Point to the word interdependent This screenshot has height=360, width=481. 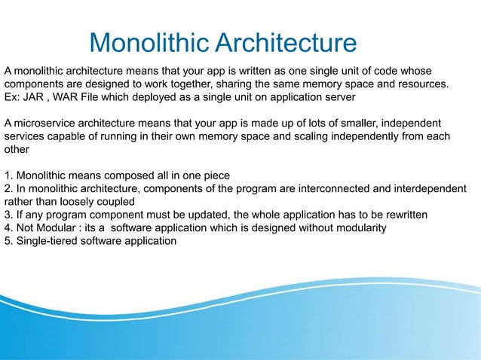pos(432,188)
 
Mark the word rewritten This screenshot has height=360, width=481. pos(404,215)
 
